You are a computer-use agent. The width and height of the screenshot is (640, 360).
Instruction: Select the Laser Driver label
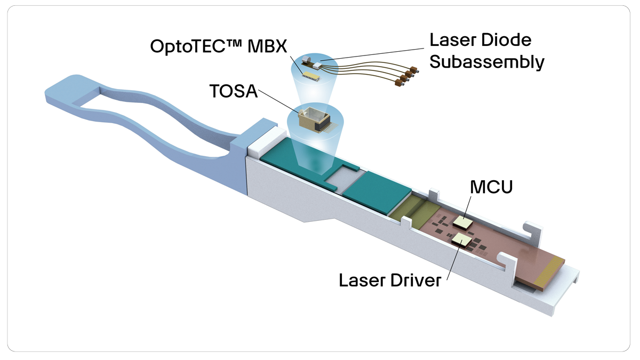pos(390,280)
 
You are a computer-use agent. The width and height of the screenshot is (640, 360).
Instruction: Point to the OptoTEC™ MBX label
pos(218,46)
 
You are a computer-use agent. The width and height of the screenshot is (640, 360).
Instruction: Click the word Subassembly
pos(487,61)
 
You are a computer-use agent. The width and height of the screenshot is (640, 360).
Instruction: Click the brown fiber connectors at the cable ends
pos(405,76)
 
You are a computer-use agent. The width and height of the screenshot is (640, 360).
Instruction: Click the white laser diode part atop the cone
pos(319,65)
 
